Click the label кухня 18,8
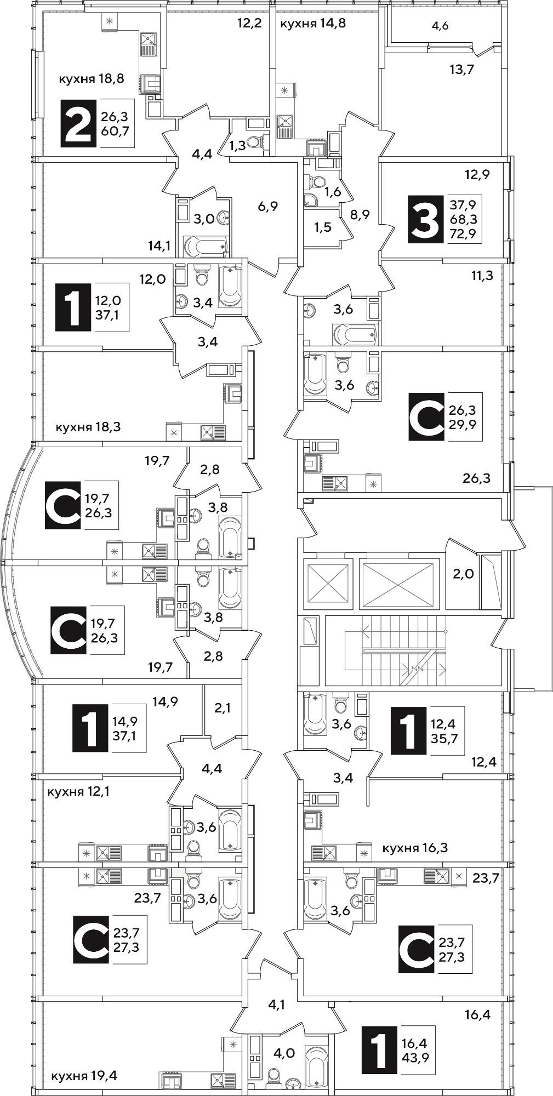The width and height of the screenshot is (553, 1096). (x=92, y=78)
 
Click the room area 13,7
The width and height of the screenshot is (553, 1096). (x=446, y=69)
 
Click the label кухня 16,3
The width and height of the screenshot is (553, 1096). (x=415, y=848)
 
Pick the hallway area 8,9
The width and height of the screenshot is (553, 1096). (x=360, y=215)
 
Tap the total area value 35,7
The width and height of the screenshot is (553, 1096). (x=444, y=737)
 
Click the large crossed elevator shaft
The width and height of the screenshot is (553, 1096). (x=399, y=583)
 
